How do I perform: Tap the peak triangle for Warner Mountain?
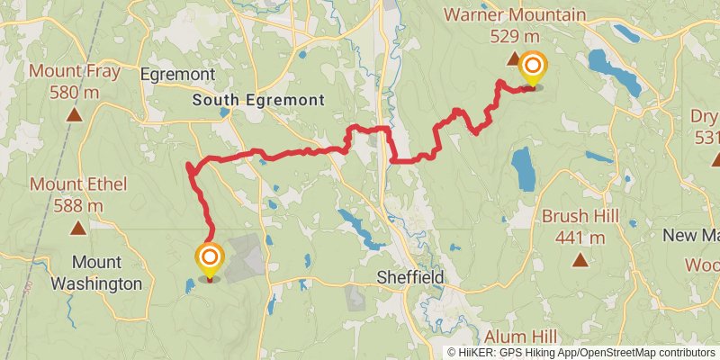click(514, 59)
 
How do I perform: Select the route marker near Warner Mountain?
click(533, 67)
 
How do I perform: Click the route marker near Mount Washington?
click(210, 259)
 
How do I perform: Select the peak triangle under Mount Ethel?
click(76, 228)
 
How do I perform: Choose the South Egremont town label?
click(258, 101)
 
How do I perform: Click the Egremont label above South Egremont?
click(177, 74)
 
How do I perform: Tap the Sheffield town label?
click(410, 279)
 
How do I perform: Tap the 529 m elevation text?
click(516, 36)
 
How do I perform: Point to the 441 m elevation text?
click(579, 238)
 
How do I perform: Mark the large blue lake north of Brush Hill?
click(522, 168)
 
